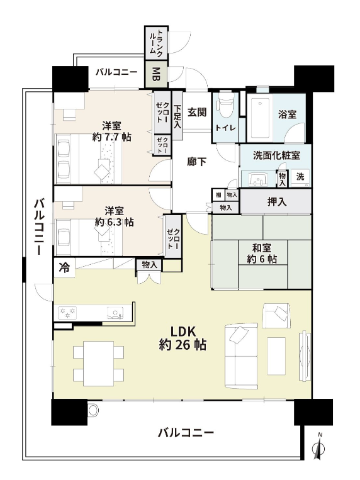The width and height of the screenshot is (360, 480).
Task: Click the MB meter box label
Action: pos(156,74)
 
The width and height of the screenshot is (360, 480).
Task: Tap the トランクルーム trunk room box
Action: pos(156,43)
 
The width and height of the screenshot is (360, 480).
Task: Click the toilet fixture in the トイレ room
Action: pos(226,104)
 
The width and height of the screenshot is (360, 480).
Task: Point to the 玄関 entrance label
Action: pos(196,113)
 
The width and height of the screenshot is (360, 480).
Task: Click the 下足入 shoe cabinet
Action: pos(177,116)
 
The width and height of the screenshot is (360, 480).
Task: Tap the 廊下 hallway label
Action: pos(196,162)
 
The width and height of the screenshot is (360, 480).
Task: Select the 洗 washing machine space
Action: pos(300,177)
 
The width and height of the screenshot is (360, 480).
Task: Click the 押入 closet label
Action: pos(277,202)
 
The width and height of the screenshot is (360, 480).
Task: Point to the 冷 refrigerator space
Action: pos(64,268)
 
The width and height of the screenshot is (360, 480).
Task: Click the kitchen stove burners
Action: pos(68,313)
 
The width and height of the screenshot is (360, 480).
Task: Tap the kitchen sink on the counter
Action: pos(115,313)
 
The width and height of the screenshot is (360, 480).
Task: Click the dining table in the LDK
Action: pos(99,364)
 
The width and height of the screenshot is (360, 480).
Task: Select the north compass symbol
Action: pos(318,447)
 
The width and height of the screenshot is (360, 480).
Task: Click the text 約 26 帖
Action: pos(183,345)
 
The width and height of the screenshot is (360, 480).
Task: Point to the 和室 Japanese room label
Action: pos(262,248)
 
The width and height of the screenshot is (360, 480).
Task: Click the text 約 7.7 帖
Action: pos(111,137)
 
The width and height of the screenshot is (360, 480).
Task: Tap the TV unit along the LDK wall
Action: pos(305,355)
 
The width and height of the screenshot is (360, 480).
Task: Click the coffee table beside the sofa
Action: pos(276,356)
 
